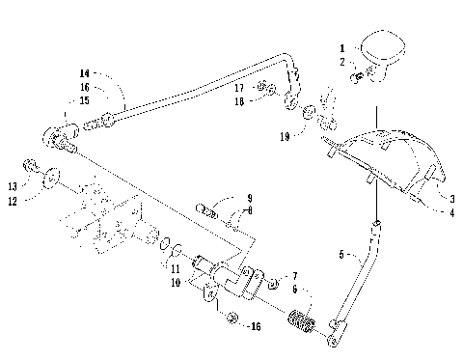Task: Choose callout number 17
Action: [x=237, y=88]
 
